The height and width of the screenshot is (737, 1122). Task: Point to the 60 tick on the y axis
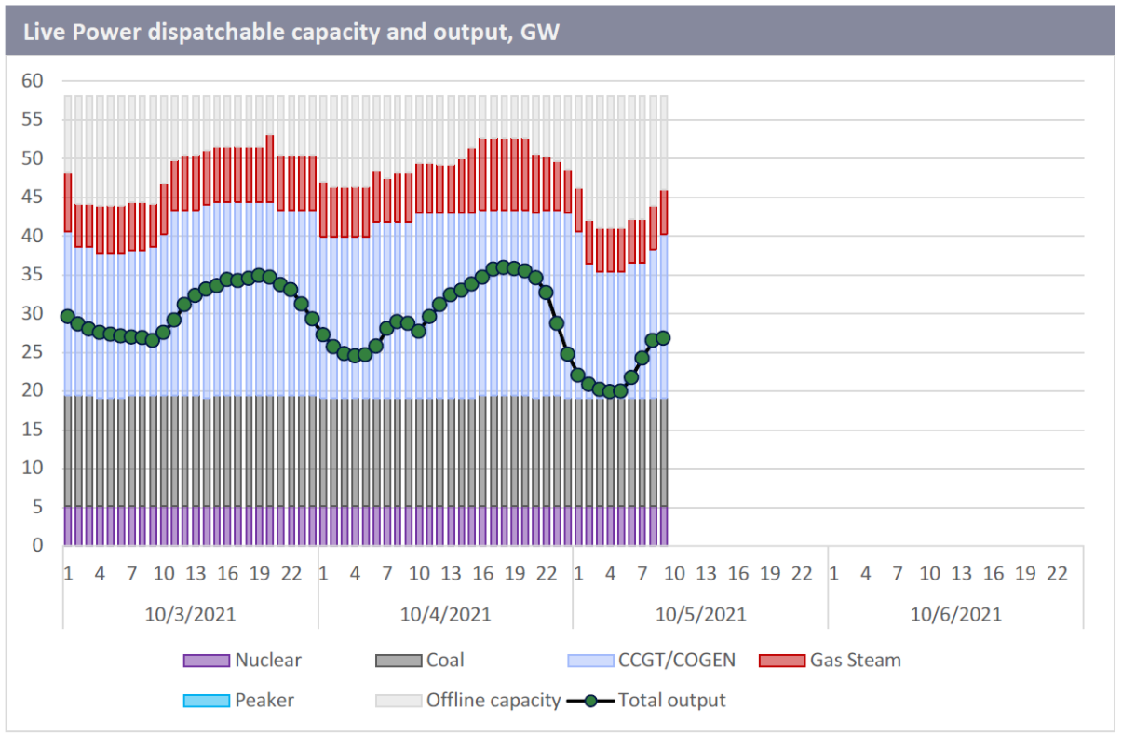pos(33,81)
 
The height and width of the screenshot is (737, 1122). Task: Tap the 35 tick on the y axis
pos(33,275)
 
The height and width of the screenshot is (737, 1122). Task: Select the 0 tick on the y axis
pos(37,546)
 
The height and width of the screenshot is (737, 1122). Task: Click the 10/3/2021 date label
pos(190,614)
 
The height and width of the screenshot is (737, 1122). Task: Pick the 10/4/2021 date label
pos(445,614)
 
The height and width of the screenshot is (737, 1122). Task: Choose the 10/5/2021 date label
pos(700,614)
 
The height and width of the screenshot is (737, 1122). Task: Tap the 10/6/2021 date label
pos(955,614)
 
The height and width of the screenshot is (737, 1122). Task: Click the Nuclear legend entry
pos(268,661)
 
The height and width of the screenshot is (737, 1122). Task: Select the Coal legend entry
pos(444,661)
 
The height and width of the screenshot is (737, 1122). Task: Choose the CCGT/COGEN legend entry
pos(676,661)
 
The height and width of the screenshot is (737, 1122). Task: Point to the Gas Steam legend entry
pos(855,661)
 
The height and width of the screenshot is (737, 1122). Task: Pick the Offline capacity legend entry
pos(493,700)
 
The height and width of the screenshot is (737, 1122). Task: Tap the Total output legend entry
pos(671,700)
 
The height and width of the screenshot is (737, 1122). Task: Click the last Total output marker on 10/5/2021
pos(663,338)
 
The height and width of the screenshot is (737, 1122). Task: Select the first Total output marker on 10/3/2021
pos(68,317)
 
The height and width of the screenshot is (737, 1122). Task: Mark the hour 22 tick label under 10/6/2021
pos(1057,573)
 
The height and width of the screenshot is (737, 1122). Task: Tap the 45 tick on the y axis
pos(33,198)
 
